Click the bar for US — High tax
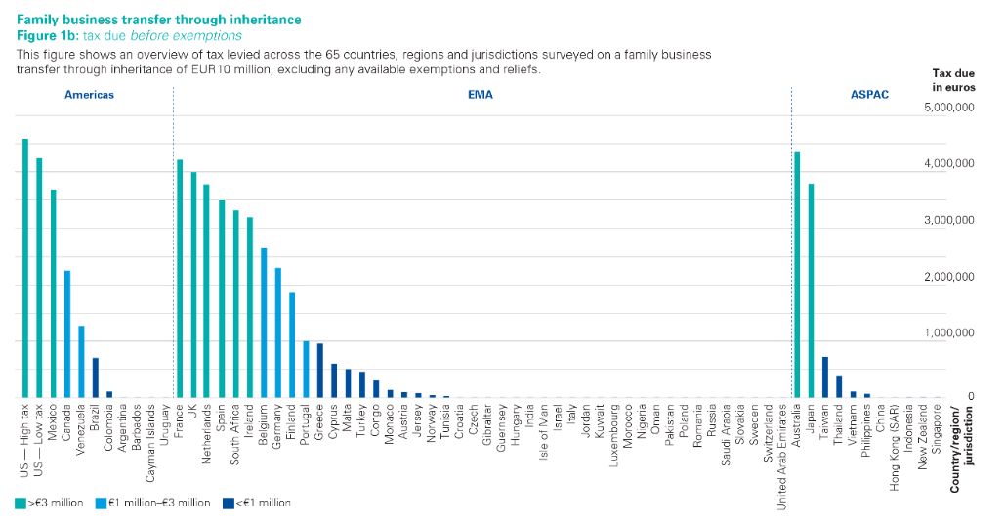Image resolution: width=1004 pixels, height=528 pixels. (x=25, y=269)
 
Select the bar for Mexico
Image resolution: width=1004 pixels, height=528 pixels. (x=54, y=293)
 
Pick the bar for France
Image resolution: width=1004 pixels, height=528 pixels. (x=180, y=279)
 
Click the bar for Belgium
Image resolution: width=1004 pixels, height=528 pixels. (x=264, y=323)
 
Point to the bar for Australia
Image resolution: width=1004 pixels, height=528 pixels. (x=798, y=275)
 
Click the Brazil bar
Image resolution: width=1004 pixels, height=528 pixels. (x=96, y=377)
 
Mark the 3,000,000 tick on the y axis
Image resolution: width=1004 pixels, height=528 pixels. (x=950, y=221)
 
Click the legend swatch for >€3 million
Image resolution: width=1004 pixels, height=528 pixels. (x=20, y=503)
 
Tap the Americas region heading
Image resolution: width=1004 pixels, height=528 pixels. (x=89, y=95)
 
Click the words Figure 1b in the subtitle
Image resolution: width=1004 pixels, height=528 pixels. (x=48, y=35)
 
